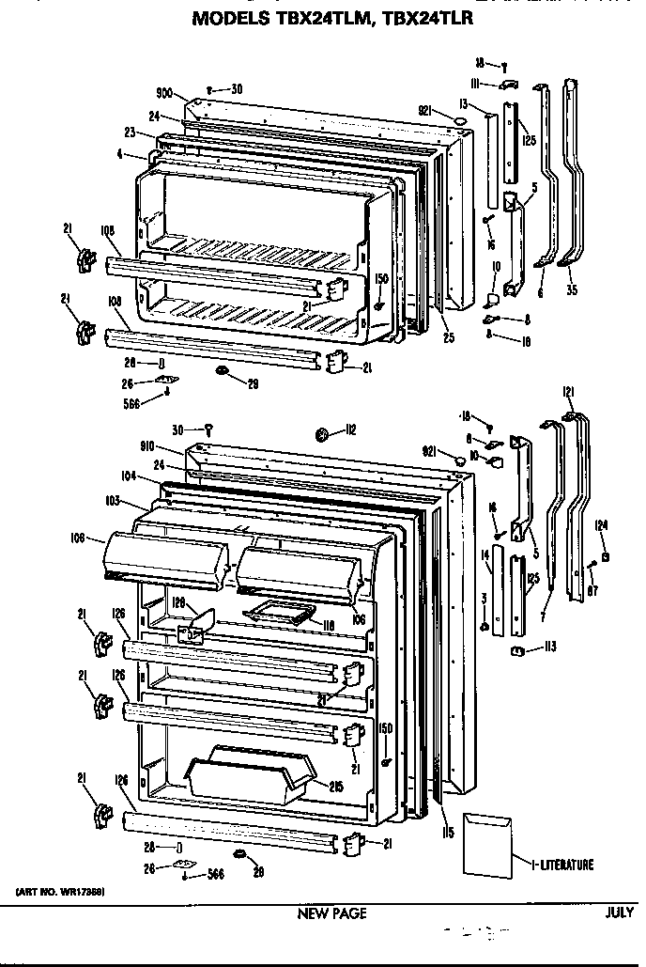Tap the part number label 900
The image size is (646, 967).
click(164, 94)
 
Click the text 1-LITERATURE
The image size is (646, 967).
click(561, 865)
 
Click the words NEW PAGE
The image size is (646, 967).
click(331, 913)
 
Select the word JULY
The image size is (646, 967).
click(620, 912)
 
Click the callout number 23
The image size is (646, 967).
click(129, 133)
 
